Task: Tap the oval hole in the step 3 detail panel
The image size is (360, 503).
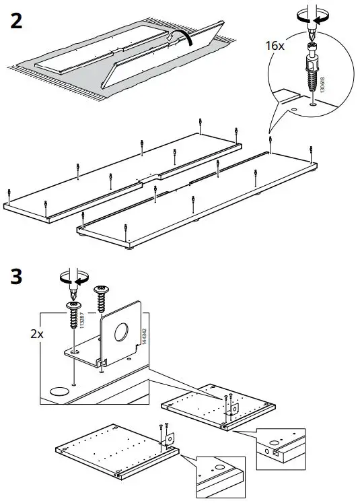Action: pos(60,391)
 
